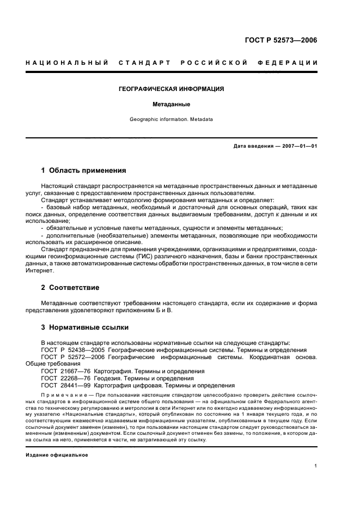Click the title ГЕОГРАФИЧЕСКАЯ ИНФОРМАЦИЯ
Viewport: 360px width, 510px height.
(x=171, y=88)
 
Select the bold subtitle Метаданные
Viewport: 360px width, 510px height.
(x=171, y=103)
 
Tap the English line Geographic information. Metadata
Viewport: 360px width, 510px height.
(x=171, y=119)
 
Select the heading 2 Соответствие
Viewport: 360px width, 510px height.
(x=70, y=287)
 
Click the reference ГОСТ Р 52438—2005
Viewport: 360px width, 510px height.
(x=73, y=350)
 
